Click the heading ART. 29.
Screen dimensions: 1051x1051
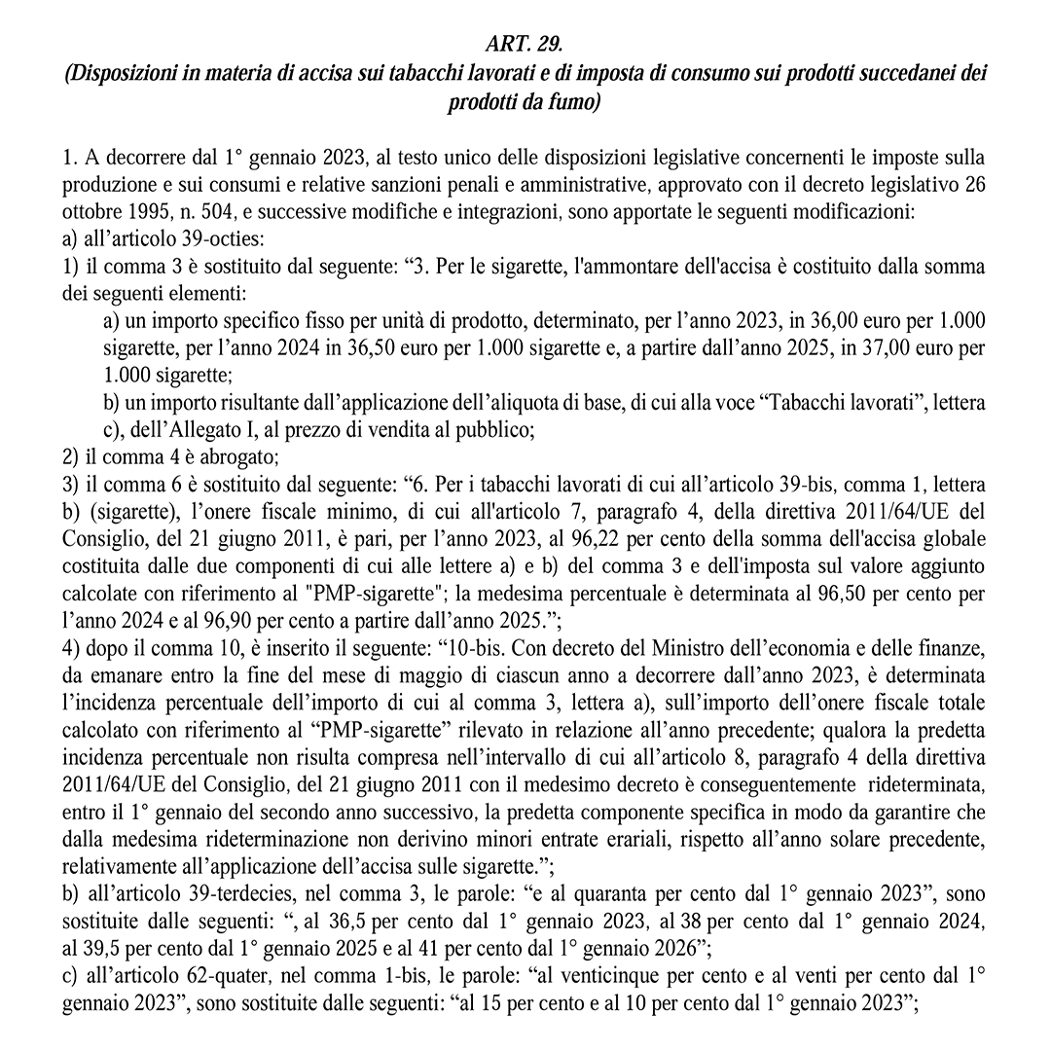525,46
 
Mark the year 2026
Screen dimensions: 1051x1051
650,942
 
